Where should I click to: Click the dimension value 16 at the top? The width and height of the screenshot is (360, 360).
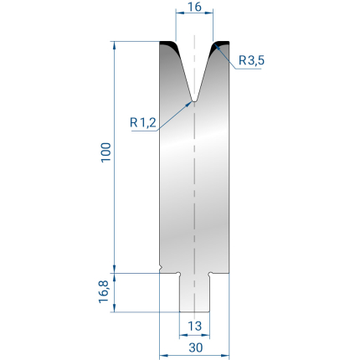194,7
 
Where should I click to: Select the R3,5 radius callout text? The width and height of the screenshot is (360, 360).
251,60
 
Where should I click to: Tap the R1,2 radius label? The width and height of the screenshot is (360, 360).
143,122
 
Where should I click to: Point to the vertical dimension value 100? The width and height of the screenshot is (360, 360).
106,152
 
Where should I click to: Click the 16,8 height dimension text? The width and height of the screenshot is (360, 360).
104,292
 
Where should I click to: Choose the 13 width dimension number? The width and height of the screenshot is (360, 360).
194,326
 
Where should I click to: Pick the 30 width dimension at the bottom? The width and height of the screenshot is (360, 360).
196,347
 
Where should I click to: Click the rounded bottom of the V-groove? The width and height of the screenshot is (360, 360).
194,100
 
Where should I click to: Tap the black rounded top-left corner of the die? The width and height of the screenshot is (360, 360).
170,46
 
